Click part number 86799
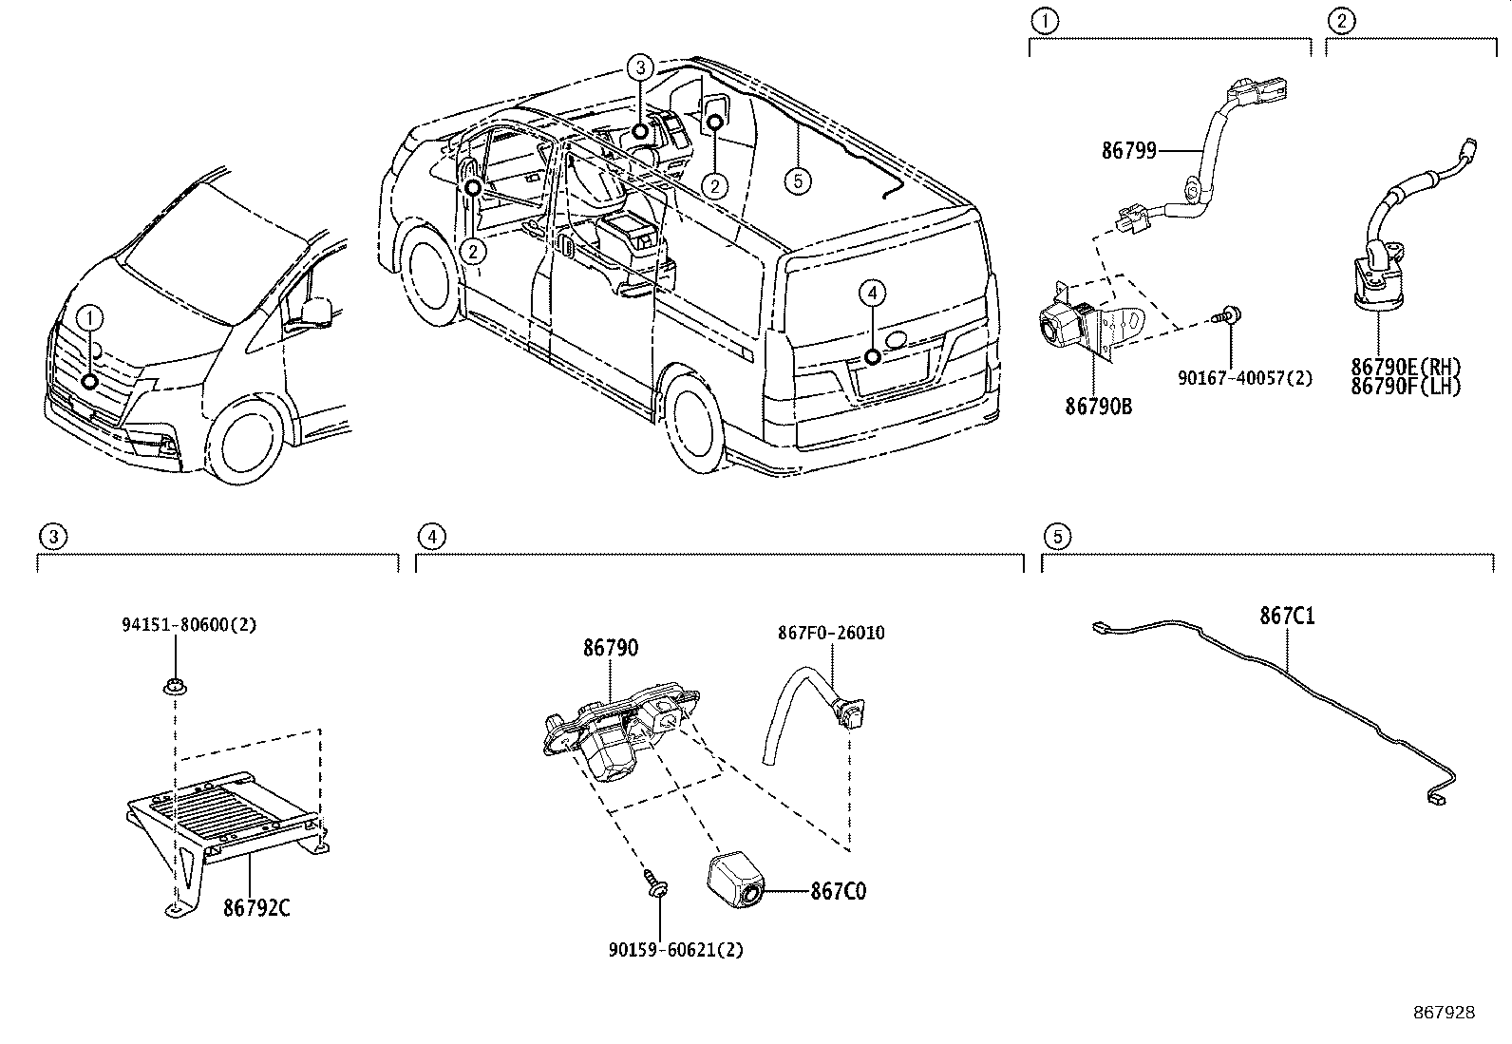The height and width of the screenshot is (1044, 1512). coord(1128,150)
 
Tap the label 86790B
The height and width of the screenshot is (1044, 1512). coord(1098,407)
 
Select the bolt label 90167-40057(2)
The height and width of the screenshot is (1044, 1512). coord(1245,378)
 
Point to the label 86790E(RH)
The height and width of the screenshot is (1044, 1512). coord(1406,368)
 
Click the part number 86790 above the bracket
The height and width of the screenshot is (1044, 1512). coord(611,648)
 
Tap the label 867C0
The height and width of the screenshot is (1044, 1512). coord(838,891)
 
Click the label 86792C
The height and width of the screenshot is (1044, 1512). coord(256,908)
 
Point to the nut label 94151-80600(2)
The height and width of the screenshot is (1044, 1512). coord(189,625)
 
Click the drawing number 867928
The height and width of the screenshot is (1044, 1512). coord(1443,1013)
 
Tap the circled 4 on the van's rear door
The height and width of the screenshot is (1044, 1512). coord(873,294)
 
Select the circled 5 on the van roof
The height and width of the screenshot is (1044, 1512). coord(799,180)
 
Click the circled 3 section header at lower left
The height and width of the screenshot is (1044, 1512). coord(53,538)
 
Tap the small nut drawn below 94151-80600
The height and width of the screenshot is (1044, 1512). coord(173,685)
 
